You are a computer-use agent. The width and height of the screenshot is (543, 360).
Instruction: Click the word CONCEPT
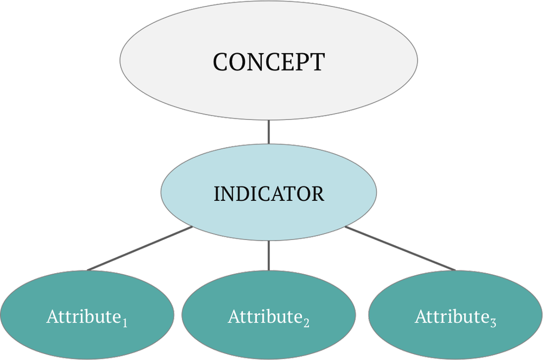pyautogui.click(x=268, y=62)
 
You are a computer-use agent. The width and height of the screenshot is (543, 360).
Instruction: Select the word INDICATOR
pyautogui.click(x=269, y=194)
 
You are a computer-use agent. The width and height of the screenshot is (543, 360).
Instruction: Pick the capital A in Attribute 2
pyautogui.click(x=234, y=316)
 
